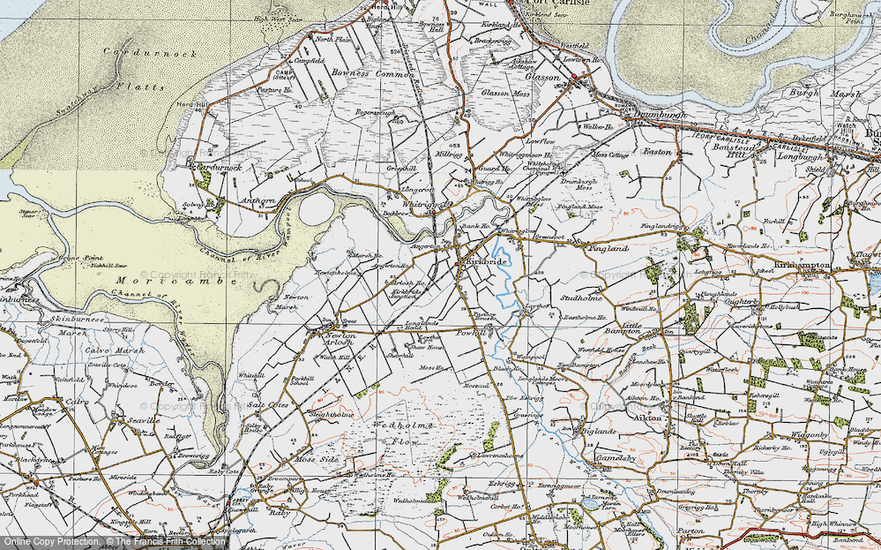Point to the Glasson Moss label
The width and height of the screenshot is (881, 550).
(506, 93)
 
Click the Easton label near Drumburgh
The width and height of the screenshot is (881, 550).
(657, 152)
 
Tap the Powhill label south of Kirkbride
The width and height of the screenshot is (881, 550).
(471, 333)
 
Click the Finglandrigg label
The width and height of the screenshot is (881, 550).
(661, 226)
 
